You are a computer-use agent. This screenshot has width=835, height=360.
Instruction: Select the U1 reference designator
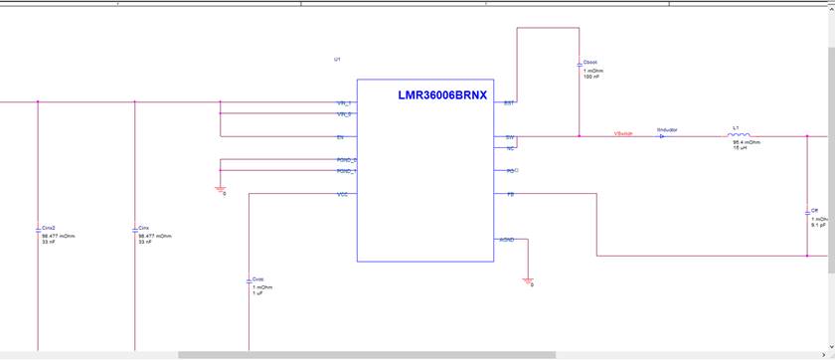pyautogui.click(x=337, y=60)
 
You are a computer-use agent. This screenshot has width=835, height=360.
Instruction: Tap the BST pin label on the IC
pyautogui.click(x=508, y=102)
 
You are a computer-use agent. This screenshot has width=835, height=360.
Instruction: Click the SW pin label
pyautogui.click(x=509, y=137)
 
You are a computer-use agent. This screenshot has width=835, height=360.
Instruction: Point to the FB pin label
pyautogui.click(x=510, y=194)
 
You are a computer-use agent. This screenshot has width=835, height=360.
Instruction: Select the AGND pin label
pyautogui.click(x=506, y=240)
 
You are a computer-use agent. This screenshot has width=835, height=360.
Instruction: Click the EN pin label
pyautogui.click(x=341, y=137)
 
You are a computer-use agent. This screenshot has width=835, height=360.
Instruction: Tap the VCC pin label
pyautogui.click(x=342, y=194)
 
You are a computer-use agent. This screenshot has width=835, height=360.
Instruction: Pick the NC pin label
pyautogui.click(x=510, y=148)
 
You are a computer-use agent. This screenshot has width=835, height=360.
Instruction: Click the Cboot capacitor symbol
pyautogui.click(x=580, y=65)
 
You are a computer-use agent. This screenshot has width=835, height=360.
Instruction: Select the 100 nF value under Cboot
pyautogui.click(x=591, y=77)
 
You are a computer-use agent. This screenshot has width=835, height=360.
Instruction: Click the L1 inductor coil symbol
pyautogui.click(x=739, y=135)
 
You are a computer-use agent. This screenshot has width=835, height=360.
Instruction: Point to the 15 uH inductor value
pyautogui.click(x=740, y=148)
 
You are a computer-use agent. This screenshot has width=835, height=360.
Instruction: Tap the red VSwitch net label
pyautogui.click(x=624, y=132)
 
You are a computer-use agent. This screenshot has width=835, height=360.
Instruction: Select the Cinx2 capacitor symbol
pyautogui.click(x=37, y=229)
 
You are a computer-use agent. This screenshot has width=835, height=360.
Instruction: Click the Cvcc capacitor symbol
pyautogui.click(x=249, y=281)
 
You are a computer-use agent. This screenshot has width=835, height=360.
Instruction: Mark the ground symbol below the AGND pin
pyautogui.click(x=528, y=279)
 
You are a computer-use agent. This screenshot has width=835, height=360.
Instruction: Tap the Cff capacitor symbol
pyautogui.click(x=807, y=213)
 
